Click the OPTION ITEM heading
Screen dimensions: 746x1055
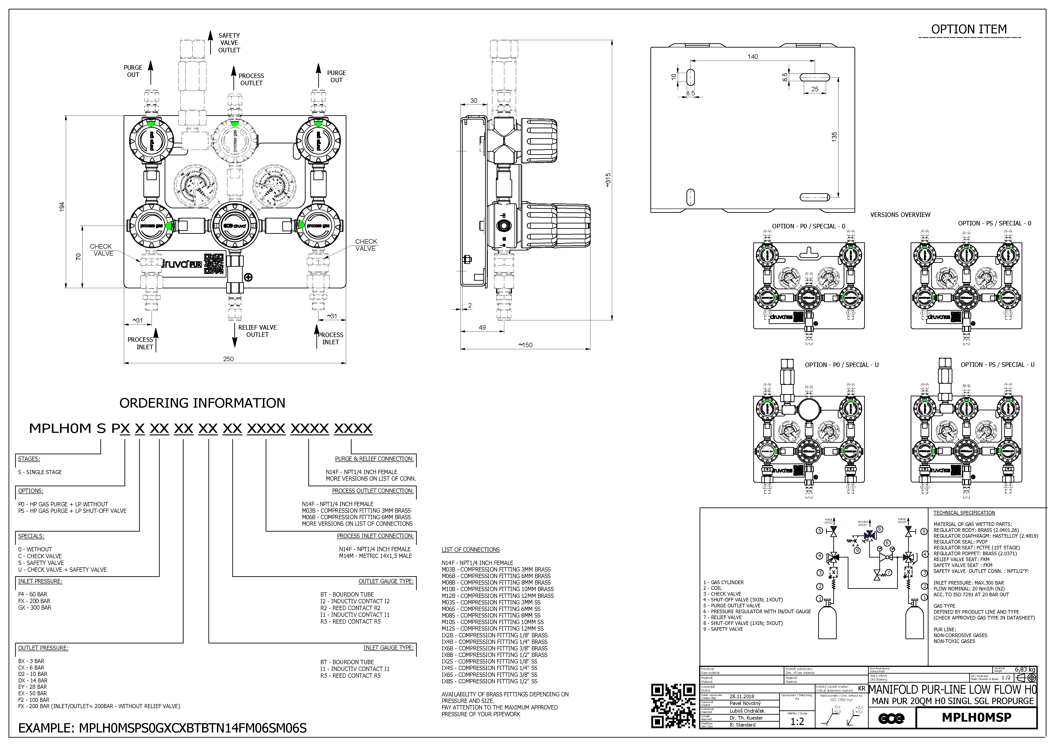(969, 29)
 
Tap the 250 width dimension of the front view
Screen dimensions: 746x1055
(228, 359)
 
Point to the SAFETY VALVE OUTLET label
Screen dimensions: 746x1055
(229, 43)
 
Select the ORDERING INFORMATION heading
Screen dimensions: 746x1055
(202, 403)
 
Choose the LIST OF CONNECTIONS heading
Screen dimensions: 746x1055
(470, 549)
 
